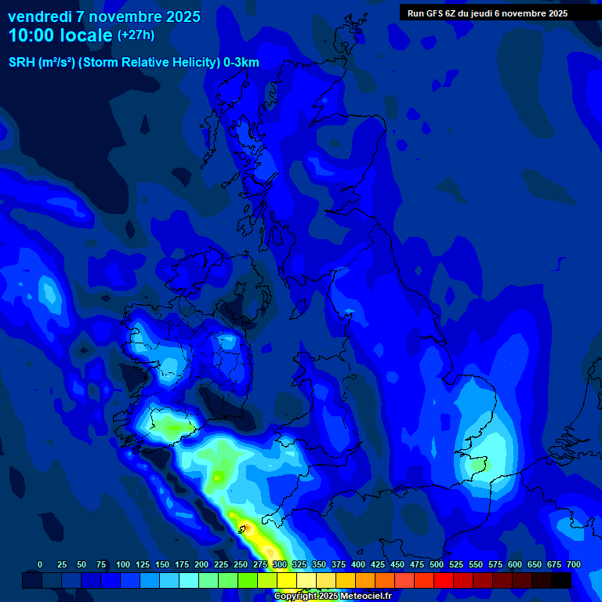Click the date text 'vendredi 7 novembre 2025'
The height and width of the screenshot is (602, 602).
[104, 16]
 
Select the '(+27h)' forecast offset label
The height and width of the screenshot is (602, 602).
[136, 35]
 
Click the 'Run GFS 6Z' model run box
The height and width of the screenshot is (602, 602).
[487, 13]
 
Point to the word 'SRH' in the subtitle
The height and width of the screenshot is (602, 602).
[22, 63]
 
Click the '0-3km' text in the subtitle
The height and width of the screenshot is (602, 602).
[241, 63]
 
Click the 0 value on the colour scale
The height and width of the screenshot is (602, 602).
[40, 564]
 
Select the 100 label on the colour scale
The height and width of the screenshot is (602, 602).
[122, 564]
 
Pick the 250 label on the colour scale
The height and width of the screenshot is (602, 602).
[240, 564]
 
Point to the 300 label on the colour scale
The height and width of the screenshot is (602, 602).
[279, 564]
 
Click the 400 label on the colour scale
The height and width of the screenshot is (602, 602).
[357, 564]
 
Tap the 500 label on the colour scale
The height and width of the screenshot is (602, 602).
[436, 564]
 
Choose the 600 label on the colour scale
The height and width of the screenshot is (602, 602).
[514, 564]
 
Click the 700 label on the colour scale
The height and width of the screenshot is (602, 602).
[573, 564]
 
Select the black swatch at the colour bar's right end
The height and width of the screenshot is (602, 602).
[561, 580]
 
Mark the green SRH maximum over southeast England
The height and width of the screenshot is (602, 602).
[477, 464]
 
